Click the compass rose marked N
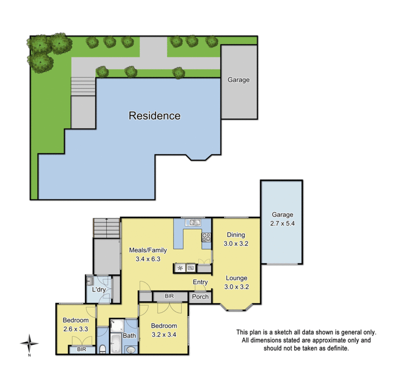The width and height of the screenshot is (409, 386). click(30, 344)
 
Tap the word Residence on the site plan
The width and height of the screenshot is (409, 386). click(155, 116)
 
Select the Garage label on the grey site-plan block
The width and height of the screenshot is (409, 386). click(238, 79)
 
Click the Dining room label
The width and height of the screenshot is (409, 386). click(235, 235)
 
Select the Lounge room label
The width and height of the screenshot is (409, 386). click(235, 278)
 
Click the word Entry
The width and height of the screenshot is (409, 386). click(200, 282)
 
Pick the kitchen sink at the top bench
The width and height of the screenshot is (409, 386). click(195, 222)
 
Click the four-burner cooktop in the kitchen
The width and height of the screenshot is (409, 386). click(206, 238)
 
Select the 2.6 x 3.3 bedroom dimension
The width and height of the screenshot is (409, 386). click(75, 329)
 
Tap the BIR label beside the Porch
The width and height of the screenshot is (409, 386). click(169, 297)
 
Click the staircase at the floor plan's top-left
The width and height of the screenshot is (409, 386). click(107, 228)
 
